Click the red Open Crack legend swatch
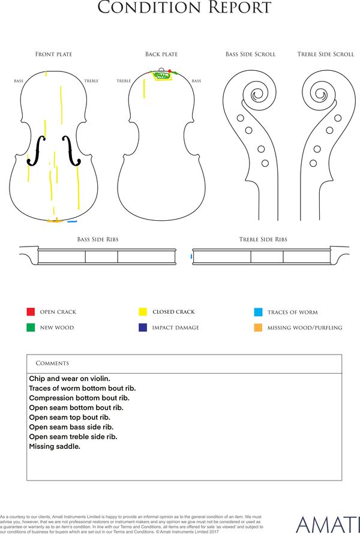coord(31,311)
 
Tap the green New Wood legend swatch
coord(31,327)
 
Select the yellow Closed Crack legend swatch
coord(143,311)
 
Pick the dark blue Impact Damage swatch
coord(143,327)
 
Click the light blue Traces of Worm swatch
coord(258,312)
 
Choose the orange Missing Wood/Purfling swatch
coord(258,328)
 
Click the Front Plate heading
coord(54,54)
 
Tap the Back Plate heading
coord(161,54)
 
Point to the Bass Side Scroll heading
coord(250,54)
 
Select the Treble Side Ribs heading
coord(263,239)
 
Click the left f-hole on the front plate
coord(36,151)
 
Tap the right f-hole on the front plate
coord(71,151)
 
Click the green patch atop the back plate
coord(161,75)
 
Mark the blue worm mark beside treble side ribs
coord(191,256)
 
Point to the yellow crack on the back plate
coord(144,88)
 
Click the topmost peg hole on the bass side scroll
coord(240,118)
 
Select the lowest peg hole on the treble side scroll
coord(313,163)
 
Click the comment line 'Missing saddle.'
coord(55,446)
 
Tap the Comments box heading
coord(52,363)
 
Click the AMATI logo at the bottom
coord(328,525)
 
